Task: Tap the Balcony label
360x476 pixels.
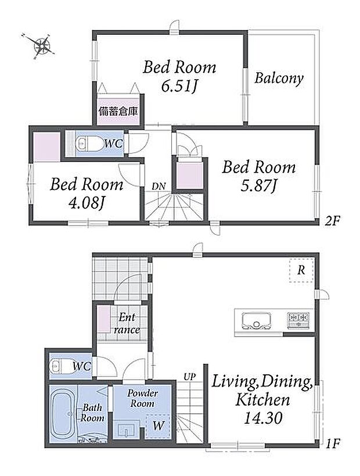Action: click(x=279, y=78)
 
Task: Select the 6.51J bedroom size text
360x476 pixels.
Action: click(x=179, y=87)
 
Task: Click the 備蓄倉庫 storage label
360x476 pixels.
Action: click(x=118, y=112)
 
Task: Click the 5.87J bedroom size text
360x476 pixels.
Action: click(x=258, y=186)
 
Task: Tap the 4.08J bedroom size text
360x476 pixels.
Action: click(x=87, y=203)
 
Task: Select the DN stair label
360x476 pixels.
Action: click(x=159, y=186)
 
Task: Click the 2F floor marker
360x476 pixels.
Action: click(x=332, y=221)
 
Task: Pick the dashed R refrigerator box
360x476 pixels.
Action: click(x=301, y=270)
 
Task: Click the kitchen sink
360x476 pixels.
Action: click(x=257, y=321)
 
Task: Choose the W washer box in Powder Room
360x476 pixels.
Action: click(x=158, y=425)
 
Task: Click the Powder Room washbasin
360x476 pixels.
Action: click(x=126, y=429)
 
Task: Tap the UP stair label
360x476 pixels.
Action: click(x=189, y=377)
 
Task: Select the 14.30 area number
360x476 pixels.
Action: click(x=263, y=418)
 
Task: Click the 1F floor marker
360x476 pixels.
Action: click(x=332, y=444)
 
